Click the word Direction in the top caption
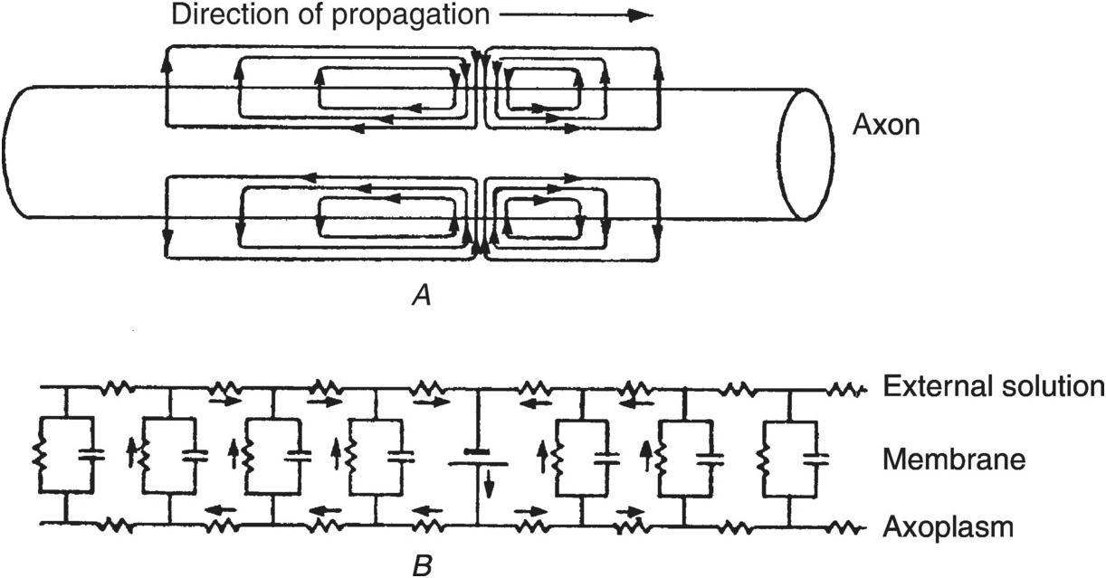229,14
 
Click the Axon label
886,125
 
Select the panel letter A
421,296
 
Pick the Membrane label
954,459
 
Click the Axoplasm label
948,527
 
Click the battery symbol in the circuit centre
477,458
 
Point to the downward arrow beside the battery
489,484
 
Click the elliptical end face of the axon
806,154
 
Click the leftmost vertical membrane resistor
39,455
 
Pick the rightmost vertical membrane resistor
763,460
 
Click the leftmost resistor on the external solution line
117,388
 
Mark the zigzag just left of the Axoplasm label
848,528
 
